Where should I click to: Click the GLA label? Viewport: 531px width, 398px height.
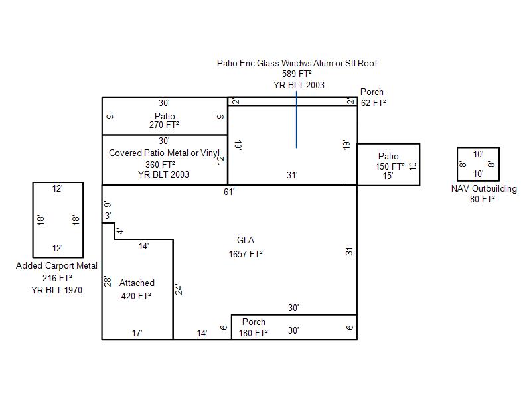[246, 240]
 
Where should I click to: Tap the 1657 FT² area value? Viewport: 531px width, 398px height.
[246, 254]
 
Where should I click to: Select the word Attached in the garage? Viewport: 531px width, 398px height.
[137, 283]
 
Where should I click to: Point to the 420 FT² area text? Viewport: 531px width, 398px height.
[137, 297]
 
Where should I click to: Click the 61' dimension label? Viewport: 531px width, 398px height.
[230, 192]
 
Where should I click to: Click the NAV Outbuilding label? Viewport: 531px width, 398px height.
[484, 188]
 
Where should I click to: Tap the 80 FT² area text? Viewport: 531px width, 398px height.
[483, 199]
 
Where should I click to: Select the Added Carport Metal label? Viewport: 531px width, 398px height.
[56, 265]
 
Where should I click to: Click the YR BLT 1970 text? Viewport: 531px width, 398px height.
[56, 290]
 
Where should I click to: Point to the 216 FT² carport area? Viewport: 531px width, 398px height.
[56, 278]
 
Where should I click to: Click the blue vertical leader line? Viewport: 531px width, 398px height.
[297, 119]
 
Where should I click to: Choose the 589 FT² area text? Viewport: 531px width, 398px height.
[297, 74]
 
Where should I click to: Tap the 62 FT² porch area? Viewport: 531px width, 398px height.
[374, 103]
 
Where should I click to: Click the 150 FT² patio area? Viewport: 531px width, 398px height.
[390, 166]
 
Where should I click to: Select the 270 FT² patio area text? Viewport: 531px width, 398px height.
[165, 125]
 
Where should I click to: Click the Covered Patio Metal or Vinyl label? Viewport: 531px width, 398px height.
[164, 153]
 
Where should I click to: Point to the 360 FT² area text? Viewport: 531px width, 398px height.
[160, 165]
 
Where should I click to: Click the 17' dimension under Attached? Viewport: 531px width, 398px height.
[137, 333]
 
